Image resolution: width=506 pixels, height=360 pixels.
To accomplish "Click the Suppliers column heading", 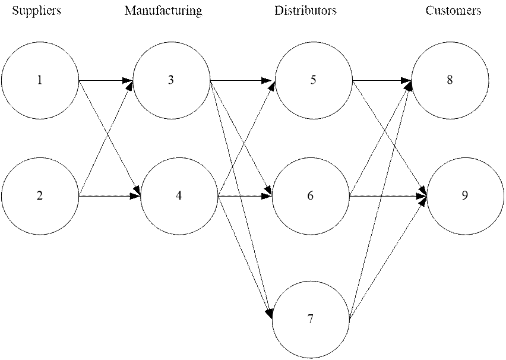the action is (x=36, y=11).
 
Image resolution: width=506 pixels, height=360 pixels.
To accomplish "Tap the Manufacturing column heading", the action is (x=163, y=11).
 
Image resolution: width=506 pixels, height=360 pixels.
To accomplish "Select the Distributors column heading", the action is (x=306, y=10).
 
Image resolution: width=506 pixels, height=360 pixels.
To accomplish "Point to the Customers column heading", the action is (x=453, y=10).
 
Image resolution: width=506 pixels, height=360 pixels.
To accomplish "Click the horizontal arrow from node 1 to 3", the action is (x=106, y=80).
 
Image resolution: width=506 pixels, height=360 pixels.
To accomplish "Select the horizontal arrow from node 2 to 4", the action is (x=110, y=196).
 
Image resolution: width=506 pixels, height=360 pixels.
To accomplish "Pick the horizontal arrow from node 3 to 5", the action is (x=242, y=80).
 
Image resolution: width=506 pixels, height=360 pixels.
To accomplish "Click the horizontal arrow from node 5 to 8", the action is (x=382, y=80).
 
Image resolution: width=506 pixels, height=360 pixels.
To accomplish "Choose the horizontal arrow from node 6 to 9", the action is (x=388, y=196).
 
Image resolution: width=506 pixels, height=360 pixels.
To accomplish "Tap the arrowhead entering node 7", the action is (x=270, y=312).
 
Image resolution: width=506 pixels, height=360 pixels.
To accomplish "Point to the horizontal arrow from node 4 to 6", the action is (x=245, y=196).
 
